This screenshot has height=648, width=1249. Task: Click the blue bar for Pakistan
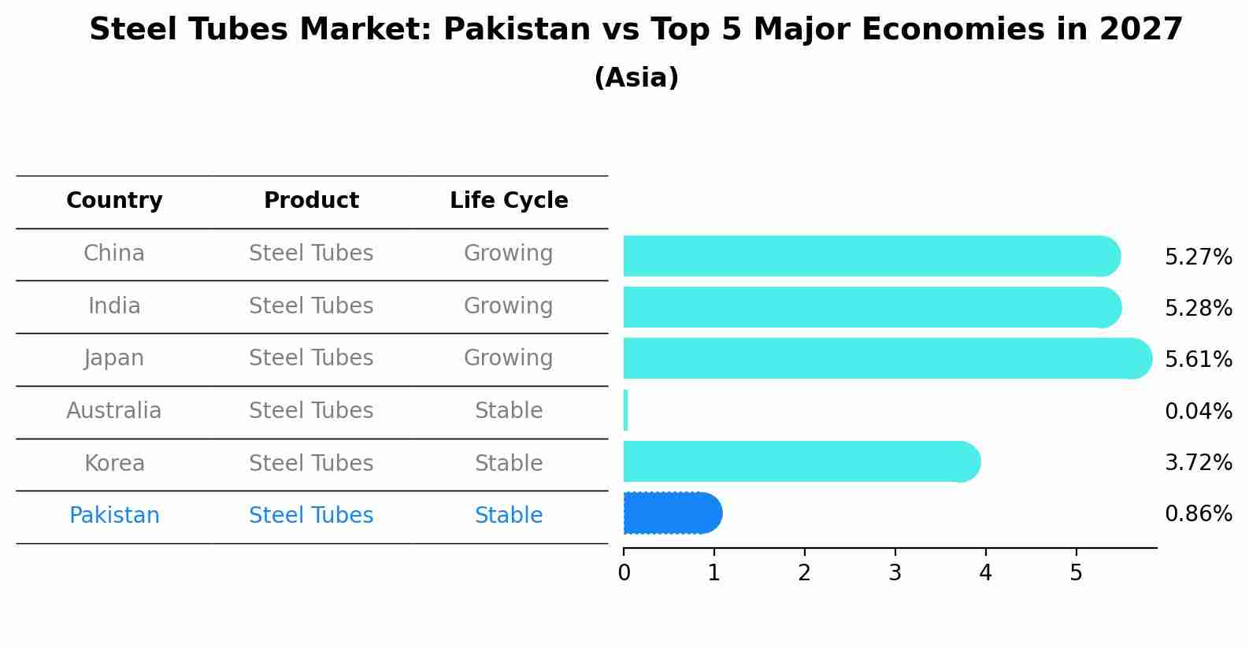coord(672,513)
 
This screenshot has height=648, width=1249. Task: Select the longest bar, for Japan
coord(887,358)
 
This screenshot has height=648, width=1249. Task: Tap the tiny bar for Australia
coord(626,410)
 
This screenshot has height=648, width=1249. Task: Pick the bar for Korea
coord(801,461)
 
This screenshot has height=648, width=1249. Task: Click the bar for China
coord(871,256)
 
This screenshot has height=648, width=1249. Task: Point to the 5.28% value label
coord(1198,308)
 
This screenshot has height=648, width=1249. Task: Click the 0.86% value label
coord(1198,514)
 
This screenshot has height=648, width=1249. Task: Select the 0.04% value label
coord(1198,411)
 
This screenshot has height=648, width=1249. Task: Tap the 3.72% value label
coord(1198,462)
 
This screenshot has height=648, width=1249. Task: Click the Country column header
coord(114,201)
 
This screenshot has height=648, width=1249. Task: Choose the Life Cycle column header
coord(509,201)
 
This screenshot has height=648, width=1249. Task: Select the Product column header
coord(311,201)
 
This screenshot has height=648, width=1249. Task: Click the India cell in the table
coord(114,306)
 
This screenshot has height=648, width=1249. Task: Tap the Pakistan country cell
coord(114,516)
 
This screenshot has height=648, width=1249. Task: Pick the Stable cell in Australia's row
coord(509,411)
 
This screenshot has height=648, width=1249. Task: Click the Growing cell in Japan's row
coord(509,358)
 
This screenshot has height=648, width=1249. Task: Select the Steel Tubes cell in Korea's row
coord(311,464)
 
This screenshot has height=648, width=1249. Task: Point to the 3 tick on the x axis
coord(895,572)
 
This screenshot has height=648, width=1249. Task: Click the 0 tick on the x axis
coord(624,572)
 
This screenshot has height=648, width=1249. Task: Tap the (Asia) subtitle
coord(636,78)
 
